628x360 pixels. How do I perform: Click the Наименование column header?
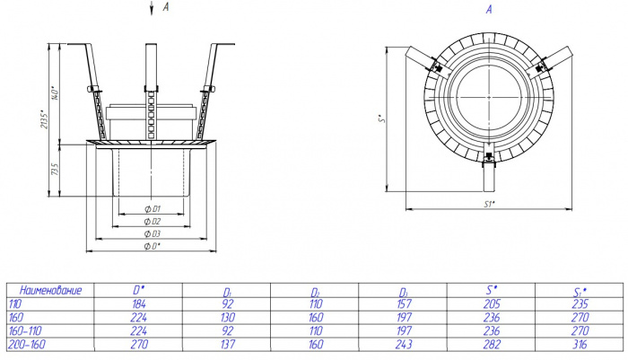[x=50, y=290]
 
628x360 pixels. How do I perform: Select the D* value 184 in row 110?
[x=139, y=303]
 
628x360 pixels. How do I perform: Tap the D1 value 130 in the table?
[x=228, y=318]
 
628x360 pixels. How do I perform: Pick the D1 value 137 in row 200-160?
[x=228, y=345]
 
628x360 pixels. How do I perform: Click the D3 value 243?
[x=404, y=345]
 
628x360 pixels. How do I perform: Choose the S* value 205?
[x=492, y=303]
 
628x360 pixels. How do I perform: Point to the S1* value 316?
[x=580, y=345]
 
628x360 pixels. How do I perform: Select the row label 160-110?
[x=25, y=330]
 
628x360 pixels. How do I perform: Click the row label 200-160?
[x=27, y=345]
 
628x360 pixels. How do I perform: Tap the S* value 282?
[x=492, y=345]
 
